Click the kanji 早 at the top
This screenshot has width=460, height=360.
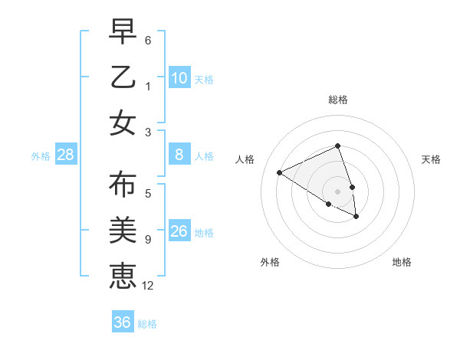[x=122, y=33]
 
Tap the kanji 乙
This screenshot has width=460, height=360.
[x=122, y=77]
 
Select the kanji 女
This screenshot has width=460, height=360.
[x=122, y=123]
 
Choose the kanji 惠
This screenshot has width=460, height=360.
[x=122, y=274]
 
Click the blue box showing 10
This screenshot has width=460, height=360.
[x=179, y=77]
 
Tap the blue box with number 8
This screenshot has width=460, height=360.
[x=179, y=155]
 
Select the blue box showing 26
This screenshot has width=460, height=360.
[x=179, y=231]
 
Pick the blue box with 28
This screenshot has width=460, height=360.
[x=66, y=155]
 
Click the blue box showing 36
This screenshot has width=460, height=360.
[x=122, y=322]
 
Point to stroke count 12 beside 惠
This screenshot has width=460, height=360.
[x=148, y=285]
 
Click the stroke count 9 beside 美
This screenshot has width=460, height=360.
[x=148, y=240]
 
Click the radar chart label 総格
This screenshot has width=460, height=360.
[x=337, y=100]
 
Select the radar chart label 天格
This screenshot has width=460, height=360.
[x=431, y=159]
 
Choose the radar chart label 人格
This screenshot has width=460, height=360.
[x=245, y=159]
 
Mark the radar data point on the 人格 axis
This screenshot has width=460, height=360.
[x=280, y=173]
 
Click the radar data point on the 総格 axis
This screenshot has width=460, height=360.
[x=337, y=147]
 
